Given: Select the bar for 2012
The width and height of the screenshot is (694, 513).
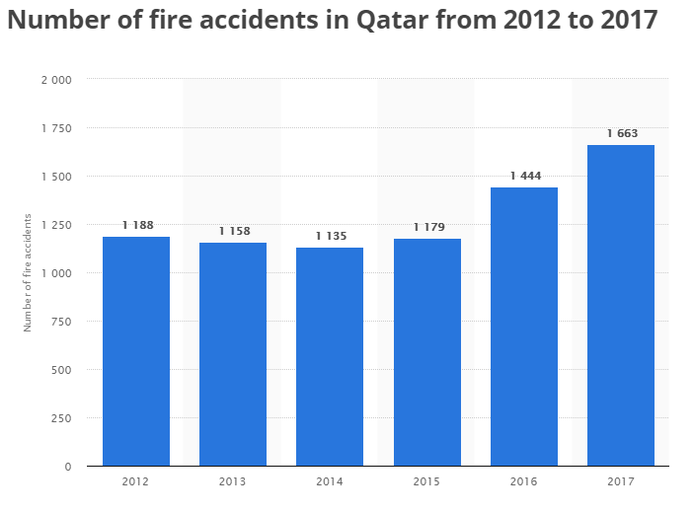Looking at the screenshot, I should [136, 351].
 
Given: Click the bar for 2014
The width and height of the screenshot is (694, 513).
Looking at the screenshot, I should [330, 356].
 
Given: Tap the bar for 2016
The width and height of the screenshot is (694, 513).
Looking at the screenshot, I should [524, 327].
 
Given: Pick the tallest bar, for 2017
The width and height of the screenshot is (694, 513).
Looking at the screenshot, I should [621, 305].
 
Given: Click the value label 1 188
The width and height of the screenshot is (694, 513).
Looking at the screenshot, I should [137, 226].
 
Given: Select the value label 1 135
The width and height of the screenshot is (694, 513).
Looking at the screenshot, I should [331, 237].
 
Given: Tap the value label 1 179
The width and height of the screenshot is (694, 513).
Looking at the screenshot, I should [428, 228].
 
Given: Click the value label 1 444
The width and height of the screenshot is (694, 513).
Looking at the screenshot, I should [525, 177].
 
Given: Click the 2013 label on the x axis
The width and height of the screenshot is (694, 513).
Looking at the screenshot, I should [233, 482].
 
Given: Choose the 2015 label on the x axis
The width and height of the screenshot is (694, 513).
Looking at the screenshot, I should [427, 482].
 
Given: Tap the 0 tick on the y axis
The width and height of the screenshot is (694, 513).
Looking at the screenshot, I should [68, 467].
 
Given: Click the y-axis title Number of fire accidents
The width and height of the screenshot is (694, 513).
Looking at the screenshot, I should [29, 271].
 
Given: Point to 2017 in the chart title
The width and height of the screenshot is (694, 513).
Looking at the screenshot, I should [629, 21].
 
